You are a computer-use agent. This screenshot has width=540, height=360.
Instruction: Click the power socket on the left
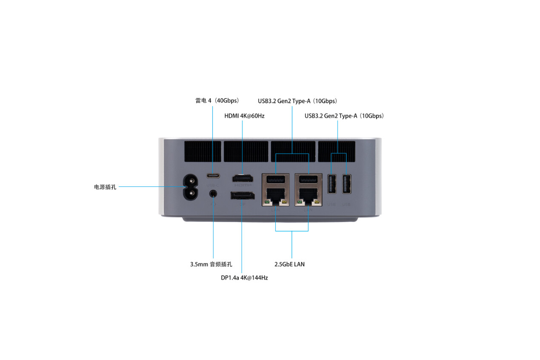[x=191, y=187]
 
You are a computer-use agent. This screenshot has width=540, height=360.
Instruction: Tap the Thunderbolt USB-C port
[x=213, y=176]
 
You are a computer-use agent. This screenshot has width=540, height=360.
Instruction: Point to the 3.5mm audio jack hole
[x=213, y=194]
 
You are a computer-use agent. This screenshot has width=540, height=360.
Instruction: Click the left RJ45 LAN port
[x=276, y=197]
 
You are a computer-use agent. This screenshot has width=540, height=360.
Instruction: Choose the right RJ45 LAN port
[x=308, y=197]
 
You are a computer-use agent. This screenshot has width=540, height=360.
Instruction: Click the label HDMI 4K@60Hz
[x=244, y=116]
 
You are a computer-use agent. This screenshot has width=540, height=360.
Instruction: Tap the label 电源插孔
[x=105, y=187]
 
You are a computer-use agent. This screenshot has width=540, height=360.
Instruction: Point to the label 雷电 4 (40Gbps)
[x=217, y=101]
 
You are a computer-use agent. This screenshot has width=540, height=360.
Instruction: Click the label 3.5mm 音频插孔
[x=211, y=264]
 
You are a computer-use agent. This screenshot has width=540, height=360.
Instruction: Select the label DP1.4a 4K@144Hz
[x=244, y=278]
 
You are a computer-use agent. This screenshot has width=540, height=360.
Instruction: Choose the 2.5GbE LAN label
[x=289, y=264]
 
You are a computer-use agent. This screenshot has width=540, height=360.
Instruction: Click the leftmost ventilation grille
[x=203, y=151]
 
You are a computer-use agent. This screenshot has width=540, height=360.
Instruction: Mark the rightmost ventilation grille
[x=337, y=151]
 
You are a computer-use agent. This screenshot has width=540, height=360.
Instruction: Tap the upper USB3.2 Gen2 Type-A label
[x=297, y=101]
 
